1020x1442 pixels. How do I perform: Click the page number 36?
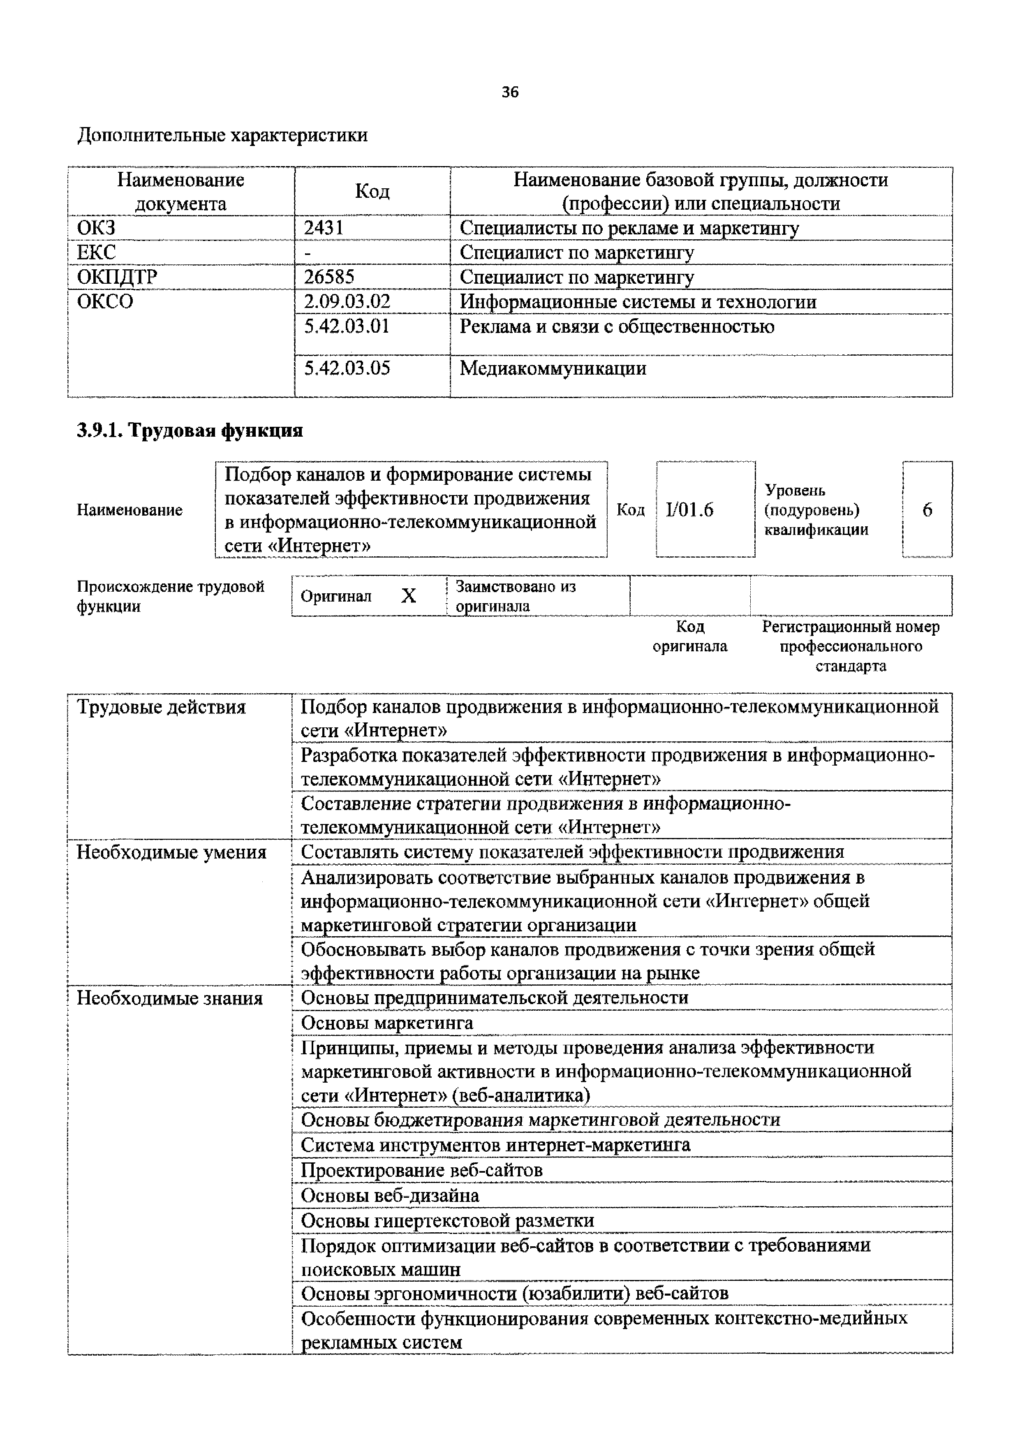(x=510, y=93)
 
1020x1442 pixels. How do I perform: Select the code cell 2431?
(x=324, y=227)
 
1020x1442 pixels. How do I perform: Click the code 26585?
(x=329, y=277)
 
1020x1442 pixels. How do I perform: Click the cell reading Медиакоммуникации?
(x=553, y=368)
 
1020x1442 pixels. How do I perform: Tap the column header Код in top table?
(x=372, y=191)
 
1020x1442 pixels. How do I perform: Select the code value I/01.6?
(x=689, y=509)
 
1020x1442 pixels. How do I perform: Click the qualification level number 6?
(x=927, y=509)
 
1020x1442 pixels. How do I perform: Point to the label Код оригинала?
(x=689, y=636)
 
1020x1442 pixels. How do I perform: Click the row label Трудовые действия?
(x=161, y=707)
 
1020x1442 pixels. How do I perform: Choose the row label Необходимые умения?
(x=171, y=852)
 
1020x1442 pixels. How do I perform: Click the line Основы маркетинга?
(x=387, y=1023)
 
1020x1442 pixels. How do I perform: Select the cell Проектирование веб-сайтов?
(x=421, y=1170)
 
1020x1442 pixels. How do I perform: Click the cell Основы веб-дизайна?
(x=389, y=1195)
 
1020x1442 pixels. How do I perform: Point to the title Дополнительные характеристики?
(x=222, y=135)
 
